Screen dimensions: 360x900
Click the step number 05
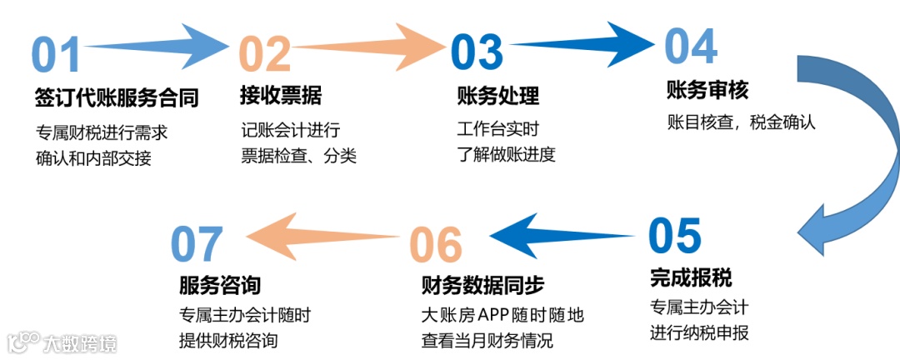[x=675, y=236]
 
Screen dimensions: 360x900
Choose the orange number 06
[x=435, y=244]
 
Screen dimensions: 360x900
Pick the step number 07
[x=197, y=243]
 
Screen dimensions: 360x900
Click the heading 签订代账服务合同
[x=117, y=98]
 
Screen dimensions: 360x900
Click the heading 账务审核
[x=708, y=89]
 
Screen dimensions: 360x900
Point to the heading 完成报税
[x=691, y=277]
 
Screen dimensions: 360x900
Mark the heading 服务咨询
[x=220, y=285]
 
